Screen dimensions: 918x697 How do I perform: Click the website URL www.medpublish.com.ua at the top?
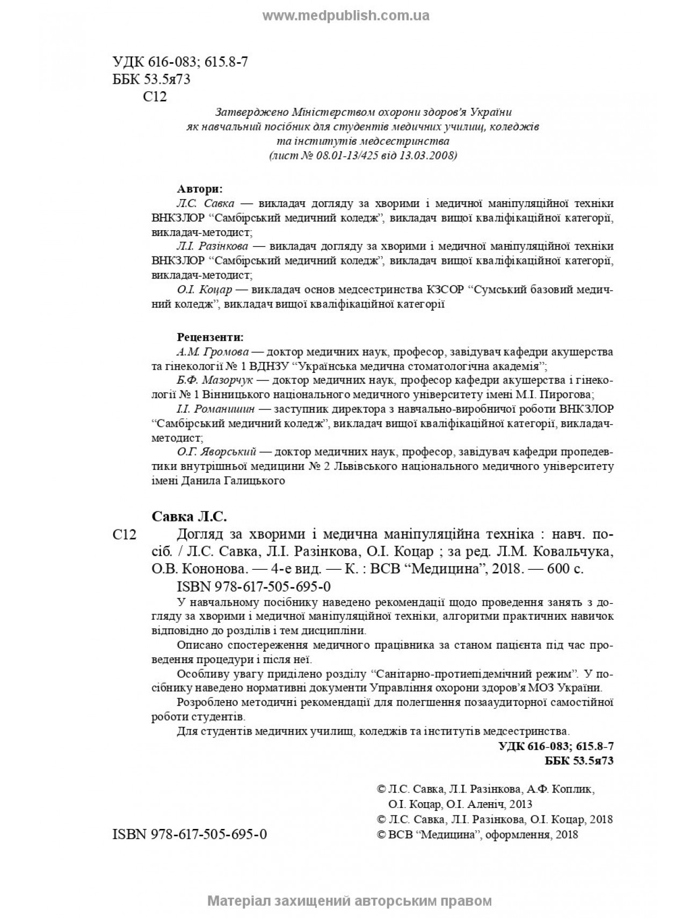click(x=346, y=16)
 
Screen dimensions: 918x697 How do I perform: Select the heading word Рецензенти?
click(x=210, y=338)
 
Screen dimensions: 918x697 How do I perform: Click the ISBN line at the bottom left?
click(x=190, y=834)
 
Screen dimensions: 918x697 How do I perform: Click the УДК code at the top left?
click(x=180, y=62)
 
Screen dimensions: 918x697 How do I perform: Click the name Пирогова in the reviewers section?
click(x=570, y=395)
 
